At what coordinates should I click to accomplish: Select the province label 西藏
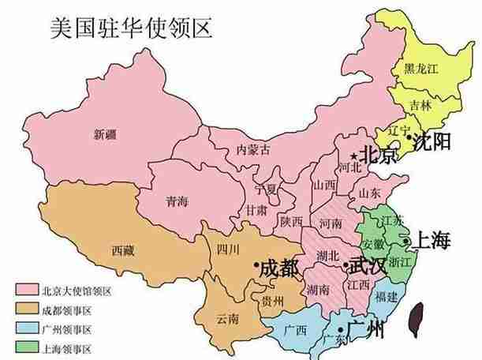tap(122, 251)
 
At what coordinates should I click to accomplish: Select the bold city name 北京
tap(380, 155)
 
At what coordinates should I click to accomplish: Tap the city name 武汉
tap(368, 265)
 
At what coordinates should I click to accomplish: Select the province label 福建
tap(387, 297)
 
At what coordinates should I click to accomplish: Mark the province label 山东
tap(370, 193)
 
